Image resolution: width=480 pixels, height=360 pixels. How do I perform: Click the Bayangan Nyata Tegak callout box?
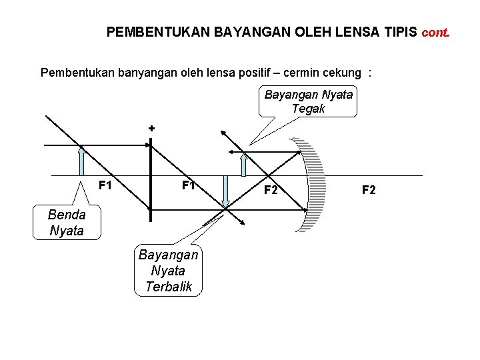[308, 101]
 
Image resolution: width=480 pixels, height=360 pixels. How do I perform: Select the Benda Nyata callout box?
[67, 223]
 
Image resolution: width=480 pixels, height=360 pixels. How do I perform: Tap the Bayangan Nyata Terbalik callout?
[168, 271]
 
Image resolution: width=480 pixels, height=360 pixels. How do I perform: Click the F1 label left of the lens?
[105, 185]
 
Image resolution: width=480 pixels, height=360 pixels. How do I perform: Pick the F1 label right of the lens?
[188, 185]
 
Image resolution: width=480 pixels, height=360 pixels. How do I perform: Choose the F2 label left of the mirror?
[271, 191]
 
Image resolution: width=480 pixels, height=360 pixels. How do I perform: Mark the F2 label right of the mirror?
[369, 191]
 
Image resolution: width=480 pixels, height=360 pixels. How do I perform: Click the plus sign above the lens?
[151, 127]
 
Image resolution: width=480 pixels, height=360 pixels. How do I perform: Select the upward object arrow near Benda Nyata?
[81, 161]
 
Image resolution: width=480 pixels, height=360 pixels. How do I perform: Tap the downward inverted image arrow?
[226, 193]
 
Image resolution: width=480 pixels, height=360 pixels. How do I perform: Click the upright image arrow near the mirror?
[244, 164]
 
